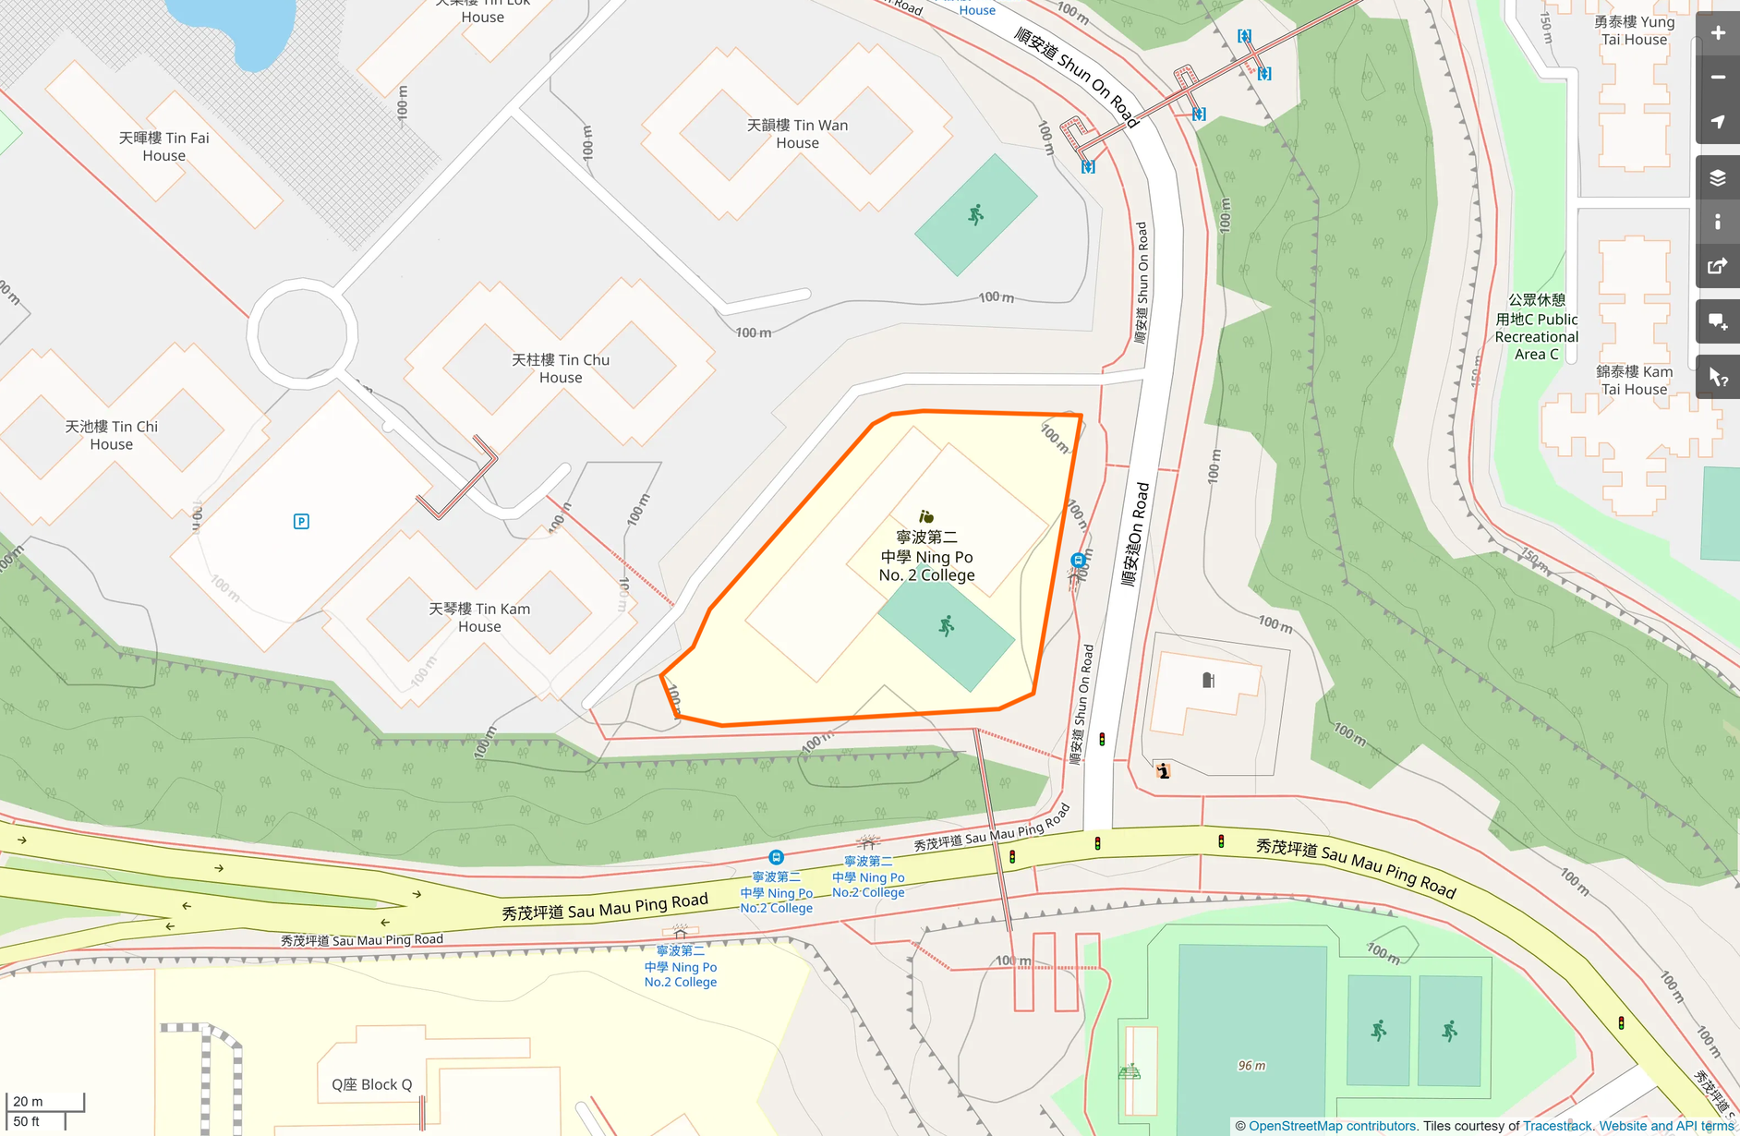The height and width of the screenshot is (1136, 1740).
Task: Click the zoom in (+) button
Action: [1718, 33]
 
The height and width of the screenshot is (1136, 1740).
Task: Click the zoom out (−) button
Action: [1718, 78]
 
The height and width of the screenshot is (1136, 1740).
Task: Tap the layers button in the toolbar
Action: [1718, 178]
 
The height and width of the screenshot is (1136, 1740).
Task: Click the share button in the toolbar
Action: [1718, 267]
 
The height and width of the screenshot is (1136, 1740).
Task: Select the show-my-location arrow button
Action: [1718, 122]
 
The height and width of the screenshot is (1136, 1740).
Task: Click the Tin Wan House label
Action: [797, 134]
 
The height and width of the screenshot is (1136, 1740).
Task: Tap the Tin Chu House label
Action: [561, 369]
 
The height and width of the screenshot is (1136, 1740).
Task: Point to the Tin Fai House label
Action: [163, 147]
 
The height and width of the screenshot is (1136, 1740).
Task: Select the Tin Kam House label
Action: [479, 617]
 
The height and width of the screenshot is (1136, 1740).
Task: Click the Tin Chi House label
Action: [111, 435]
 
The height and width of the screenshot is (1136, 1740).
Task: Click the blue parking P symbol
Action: [301, 522]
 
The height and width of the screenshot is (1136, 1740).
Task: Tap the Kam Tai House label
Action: [1634, 380]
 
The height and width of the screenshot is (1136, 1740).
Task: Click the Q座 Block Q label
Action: [372, 1084]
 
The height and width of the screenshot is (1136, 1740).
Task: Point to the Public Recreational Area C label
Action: [1537, 327]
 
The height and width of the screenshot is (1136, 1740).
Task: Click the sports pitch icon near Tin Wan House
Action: [975, 215]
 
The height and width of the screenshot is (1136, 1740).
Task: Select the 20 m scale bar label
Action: [28, 1101]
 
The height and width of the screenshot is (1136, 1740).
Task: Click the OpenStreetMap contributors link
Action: [1332, 1126]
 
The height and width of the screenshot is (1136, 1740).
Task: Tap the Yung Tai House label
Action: [1634, 30]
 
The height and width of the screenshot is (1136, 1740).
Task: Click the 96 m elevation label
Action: [1251, 1066]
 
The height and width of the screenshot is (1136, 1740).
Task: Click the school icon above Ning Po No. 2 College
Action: [926, 517]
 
